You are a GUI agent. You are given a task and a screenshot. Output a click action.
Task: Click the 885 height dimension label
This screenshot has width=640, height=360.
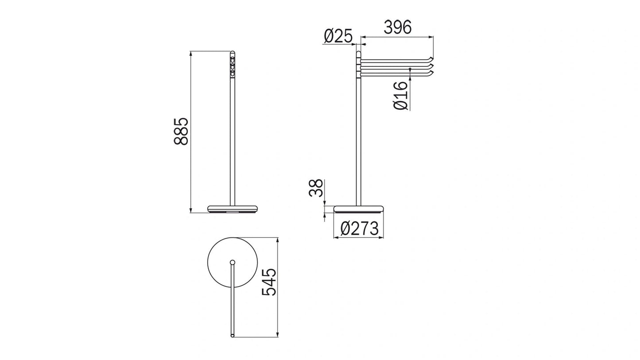pyautogui.click(x=181, y=131)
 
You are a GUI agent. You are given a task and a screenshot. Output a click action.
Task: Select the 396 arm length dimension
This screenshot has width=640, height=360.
pyautogui.click(x=397, y=27)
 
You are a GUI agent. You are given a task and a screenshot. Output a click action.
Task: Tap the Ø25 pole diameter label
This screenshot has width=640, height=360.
pyautogui.click(x=337, y=36)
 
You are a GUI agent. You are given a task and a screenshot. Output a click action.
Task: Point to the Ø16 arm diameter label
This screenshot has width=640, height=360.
pyautogui.click(x=400, y=96)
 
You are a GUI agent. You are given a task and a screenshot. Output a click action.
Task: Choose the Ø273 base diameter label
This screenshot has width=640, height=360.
pyautogui.click(x=359, y=229)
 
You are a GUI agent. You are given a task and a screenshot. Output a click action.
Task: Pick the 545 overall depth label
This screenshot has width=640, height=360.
pyautogui.click(x=269, y=282)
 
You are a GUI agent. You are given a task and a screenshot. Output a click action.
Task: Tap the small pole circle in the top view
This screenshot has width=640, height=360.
pyautogui.click(x=233, y=263)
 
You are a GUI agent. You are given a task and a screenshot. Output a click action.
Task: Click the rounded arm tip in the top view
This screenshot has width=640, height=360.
pyautogui.click(x=233, y=335)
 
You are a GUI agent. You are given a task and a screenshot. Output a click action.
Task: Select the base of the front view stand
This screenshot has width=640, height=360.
pyautogui.click(x=233, y=209)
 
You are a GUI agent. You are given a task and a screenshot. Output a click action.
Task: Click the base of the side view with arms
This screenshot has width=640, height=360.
pyautogui.click(x=358, y=209)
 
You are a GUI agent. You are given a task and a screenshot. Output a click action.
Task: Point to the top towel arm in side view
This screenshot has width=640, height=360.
pyautogui.click(x=394, y=59)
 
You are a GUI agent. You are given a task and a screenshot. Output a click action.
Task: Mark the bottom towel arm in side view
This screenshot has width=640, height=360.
pyautogui.click(x=394, y=73)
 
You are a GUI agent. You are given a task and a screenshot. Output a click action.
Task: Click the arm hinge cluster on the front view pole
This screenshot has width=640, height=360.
pyautogui.click(x=233, y=64)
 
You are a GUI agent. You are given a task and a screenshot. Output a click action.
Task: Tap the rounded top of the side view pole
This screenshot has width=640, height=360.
pyautogui.click(x=358, y=54)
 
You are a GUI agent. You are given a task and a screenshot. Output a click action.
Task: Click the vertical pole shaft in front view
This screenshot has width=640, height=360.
pyautogui.click(x=233, y=142)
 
